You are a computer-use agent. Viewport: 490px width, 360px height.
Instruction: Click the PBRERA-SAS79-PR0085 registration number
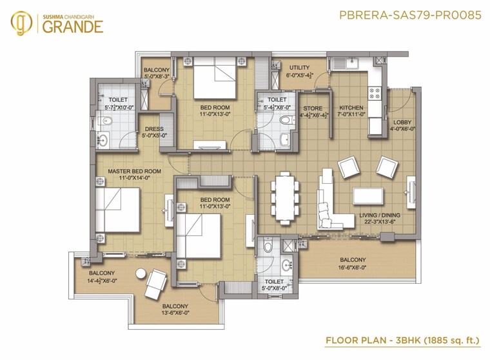[x=409, y=14]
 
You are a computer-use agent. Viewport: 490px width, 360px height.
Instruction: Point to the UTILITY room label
[x=299, y=68]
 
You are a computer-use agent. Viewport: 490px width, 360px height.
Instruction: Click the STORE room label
[x=313, y=108]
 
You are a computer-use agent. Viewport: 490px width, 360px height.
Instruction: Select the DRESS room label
[x=154, y=129]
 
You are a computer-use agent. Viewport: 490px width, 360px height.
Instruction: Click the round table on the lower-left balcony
[x=140, y=274]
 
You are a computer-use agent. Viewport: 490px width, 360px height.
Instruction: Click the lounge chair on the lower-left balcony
[x=157, y=283]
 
